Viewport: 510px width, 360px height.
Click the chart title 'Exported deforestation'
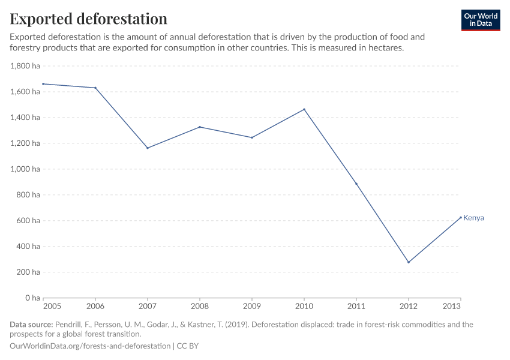click(x=88, y=19)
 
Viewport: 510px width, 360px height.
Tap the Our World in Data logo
click(x=480, y=20)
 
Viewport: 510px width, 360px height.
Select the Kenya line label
click(x=473, y=218)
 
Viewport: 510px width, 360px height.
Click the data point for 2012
click(x=409, y=262)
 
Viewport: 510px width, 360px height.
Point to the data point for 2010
click(x=304, y=109)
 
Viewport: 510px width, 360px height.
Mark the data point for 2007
click(x=148, y=148)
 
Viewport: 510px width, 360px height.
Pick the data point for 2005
click(x=43, y=84)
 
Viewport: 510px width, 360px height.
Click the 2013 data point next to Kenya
click(x=460, y=217)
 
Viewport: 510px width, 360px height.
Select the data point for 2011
click(x=356, y=184)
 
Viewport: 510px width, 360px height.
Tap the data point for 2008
click(x=200, y=127)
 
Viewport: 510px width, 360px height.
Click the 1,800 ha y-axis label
click(x=25, y=66)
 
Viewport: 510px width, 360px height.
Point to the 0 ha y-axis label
click(x=31, y=298)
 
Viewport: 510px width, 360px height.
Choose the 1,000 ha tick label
click(x=25, y=169)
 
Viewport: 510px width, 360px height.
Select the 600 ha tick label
click(x=28, y=221)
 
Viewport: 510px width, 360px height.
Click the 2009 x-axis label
click(x=252, y=305)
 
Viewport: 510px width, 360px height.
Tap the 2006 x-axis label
click(x=95, y=305)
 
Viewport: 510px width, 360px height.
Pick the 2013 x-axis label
click(x=452, y=305)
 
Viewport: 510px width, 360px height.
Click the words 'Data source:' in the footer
click(x=31, y=325)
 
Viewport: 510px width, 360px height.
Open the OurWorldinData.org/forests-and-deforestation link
click(x=90, y=346)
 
